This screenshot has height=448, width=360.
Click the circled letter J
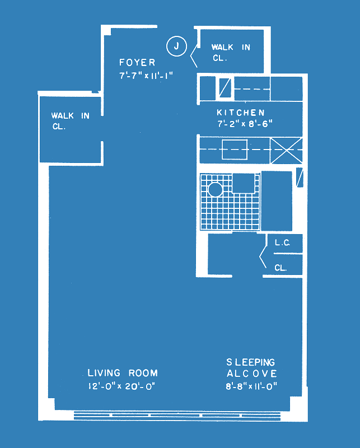pyautogui.click(x=176, y=46)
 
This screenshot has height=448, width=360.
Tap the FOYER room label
pyautogui.click(x=137, y=62)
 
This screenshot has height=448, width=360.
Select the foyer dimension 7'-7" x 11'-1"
pyautogui.click(x=146, y=76)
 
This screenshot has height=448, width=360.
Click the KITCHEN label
pyautogui.click(x=241, y=113)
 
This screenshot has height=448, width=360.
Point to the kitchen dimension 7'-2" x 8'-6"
pyautogui.click(x=245, y=124)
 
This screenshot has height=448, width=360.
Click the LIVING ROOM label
pyautogui.click(x=123, y=373)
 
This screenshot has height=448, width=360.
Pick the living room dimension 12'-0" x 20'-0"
pyautogui.click(x=121, y=386)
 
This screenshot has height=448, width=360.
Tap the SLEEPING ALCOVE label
pyautogui.click(x=251, y=368)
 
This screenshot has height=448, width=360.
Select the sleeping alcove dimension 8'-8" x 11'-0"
pyautogui.click(x=251, y=386)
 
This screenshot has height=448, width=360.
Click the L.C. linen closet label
pyautogui.click(x=282, y=243)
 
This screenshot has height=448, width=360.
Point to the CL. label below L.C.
pyautogui.click(x=280, y=268)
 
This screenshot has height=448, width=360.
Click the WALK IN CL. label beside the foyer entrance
pyautogui.click(x=231, y=52)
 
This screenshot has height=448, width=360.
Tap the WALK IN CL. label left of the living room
pyautogui.click(x=71, y=121)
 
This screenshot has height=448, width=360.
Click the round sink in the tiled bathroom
pyautogui.click(x=215, y=189)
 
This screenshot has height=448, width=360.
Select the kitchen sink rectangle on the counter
pyautogui.click(x=235, y=150)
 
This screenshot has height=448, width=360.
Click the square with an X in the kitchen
pyautogui.click(x=286, y=151)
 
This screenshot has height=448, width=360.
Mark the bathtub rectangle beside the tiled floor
pyautogui.click(x=277, y=201)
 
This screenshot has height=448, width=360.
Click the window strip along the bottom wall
pyautogui.click(x=177, y=416)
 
